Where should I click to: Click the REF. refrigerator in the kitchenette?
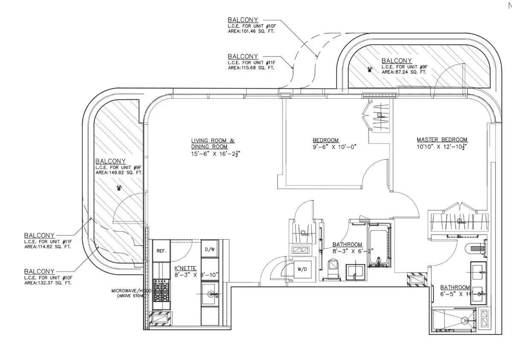pos(161,251)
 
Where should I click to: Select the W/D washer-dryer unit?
pos(303,270)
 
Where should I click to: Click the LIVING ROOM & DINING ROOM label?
pos(213,143)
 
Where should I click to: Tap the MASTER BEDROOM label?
pos(442,139)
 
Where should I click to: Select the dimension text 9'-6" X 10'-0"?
pos(335,147)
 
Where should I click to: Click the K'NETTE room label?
pos(185,268)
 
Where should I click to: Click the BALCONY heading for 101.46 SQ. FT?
pos(243,20)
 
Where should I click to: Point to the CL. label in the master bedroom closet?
pos(460,221)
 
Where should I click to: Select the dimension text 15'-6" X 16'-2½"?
pos(218,154)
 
